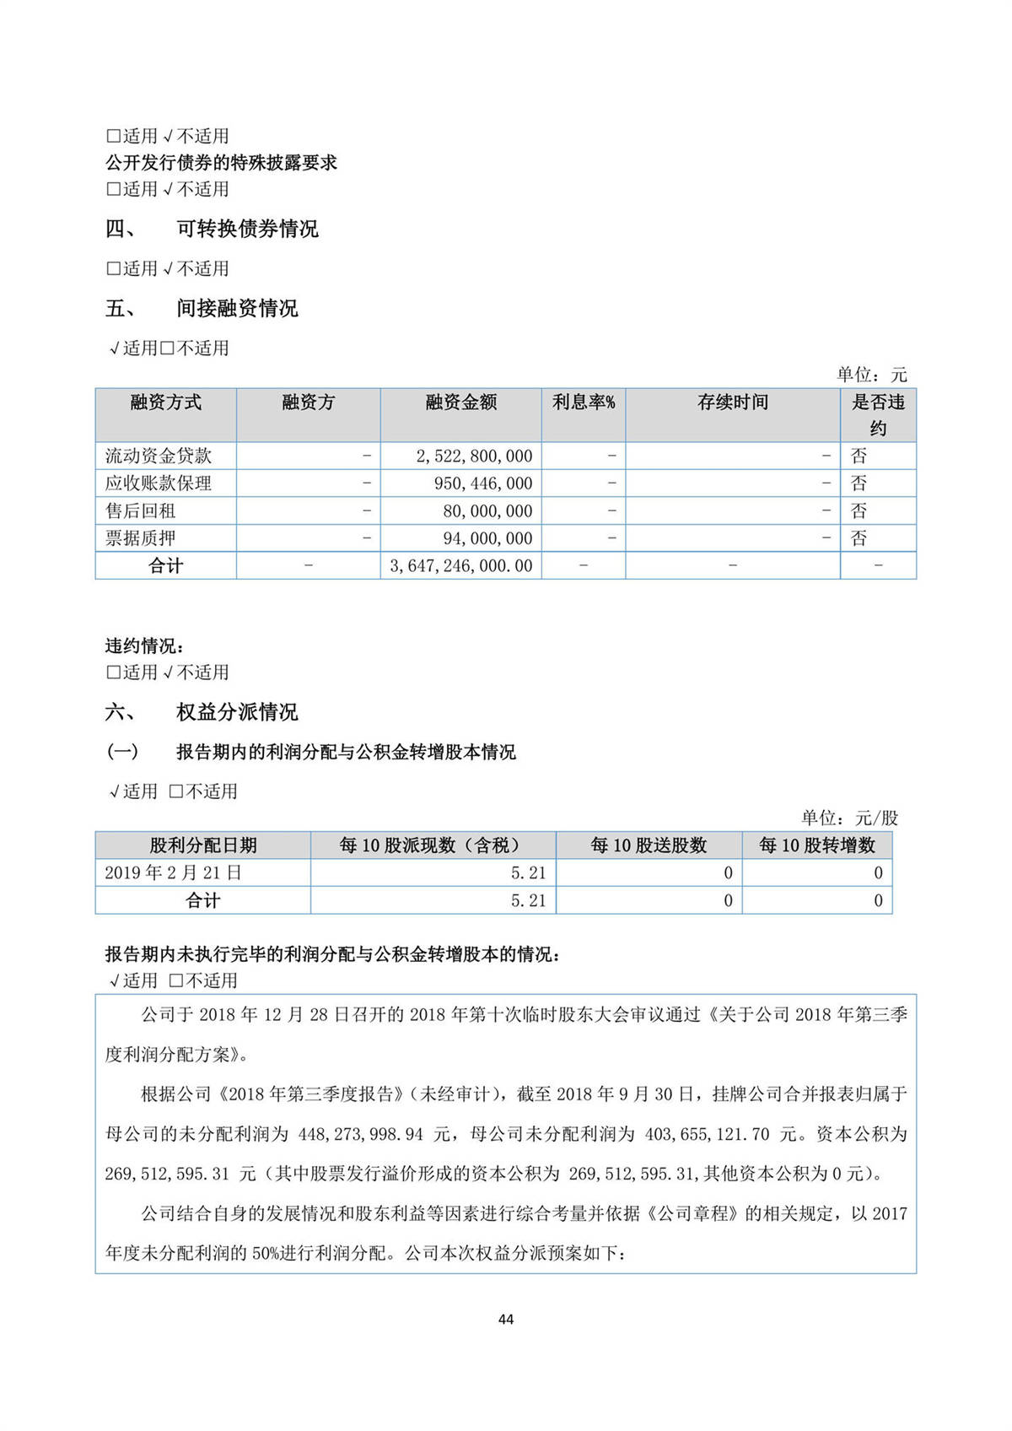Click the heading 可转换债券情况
point(247,229)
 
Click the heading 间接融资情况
point(237,308)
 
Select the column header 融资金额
point(460,402)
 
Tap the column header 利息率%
point(584,402)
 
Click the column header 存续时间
point(732,402)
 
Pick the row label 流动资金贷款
point(159,456)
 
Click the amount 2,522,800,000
point(474,456)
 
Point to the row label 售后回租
point(141,510)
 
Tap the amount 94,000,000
point(487,538)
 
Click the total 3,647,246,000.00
point(461,566)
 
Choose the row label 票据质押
point(141,538)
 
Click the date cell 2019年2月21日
point(173,872)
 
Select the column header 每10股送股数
point(649,845)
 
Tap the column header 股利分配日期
point(203,845)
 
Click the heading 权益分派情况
point(237,712)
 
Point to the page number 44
point(506,1319)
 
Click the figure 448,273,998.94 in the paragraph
point(361,1134)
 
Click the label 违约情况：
point(145,646)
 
